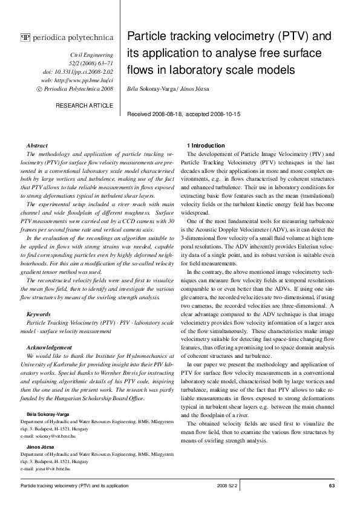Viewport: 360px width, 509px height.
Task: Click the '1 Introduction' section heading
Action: [206, 146]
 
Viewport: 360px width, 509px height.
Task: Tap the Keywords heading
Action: [39, 314]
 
